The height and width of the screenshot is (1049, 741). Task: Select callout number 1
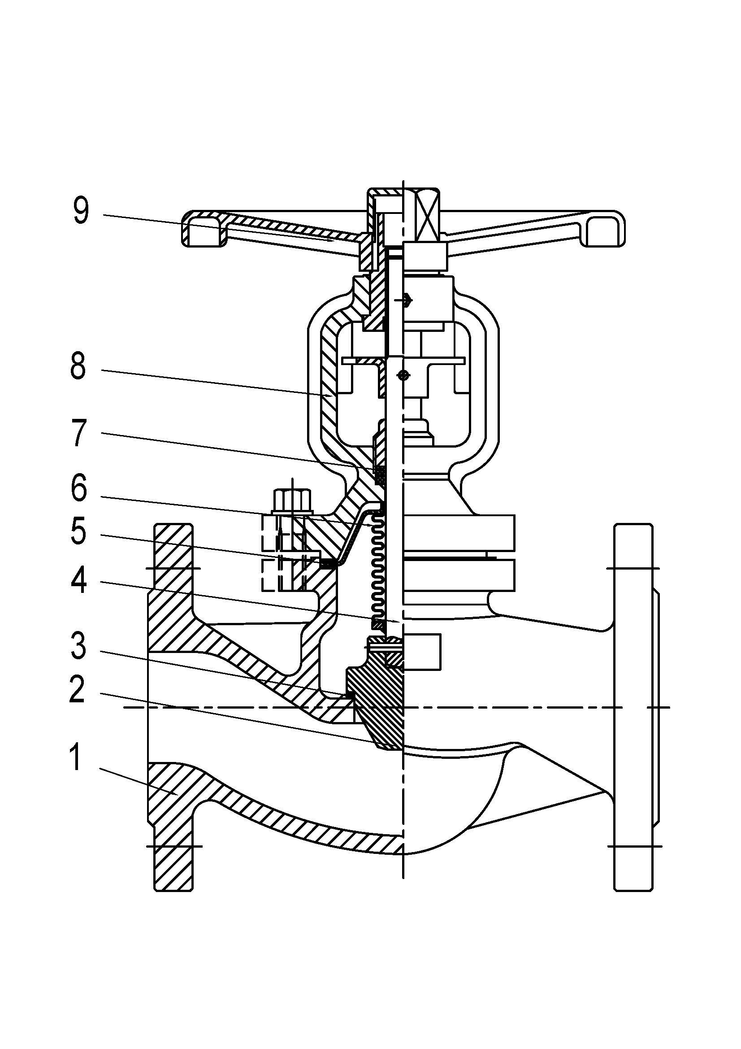[76, 757]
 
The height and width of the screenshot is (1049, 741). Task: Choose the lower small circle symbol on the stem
[402, 375]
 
